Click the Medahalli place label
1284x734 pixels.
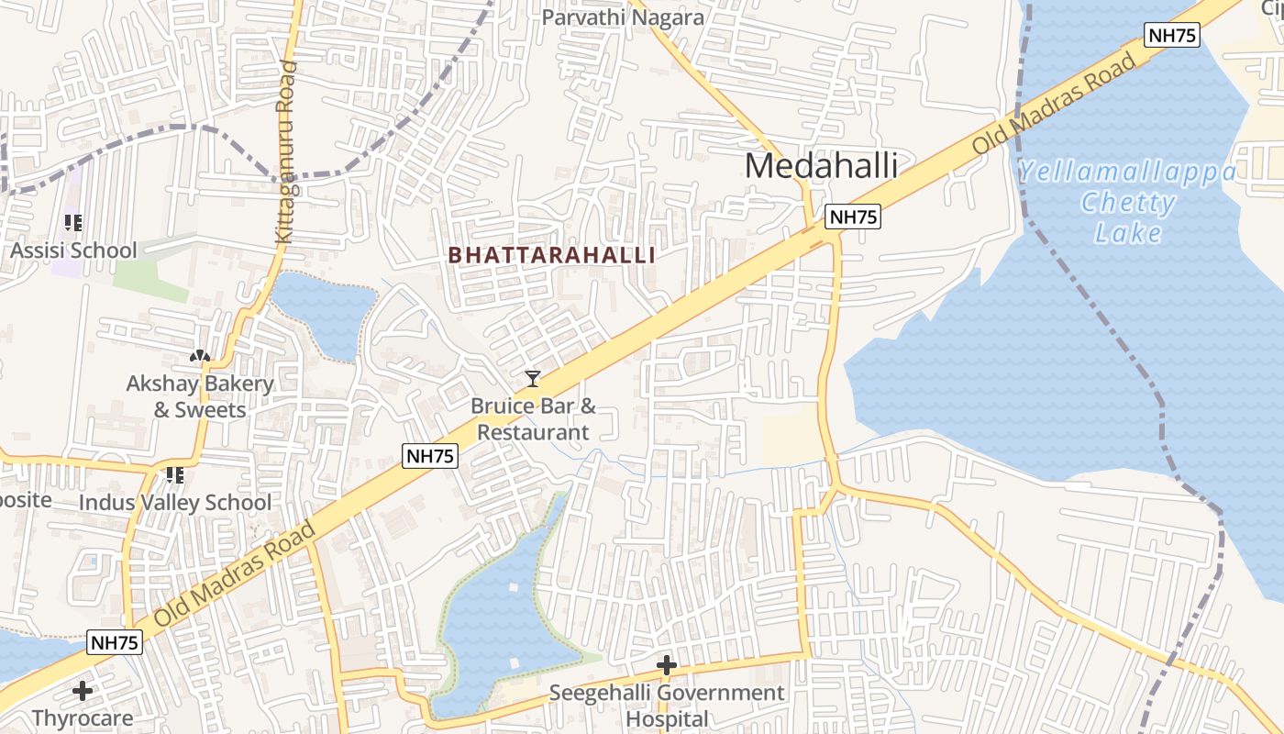click(x=821, y=166)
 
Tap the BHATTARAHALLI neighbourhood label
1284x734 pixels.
click(x=552, y=256)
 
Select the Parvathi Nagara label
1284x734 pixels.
click(x=623, y=17)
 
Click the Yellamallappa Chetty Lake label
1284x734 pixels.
click(x=1127, y=202)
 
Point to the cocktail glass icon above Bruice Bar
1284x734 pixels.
click(x=532, y=378)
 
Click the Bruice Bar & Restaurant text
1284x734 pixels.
click(x=533, y=418)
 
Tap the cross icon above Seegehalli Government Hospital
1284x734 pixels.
click(x=667, y=664)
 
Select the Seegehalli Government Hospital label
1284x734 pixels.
click(x=667, y=705)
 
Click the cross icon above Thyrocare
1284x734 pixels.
click(x=83, y=690)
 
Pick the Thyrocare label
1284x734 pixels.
click(x=83, y=717)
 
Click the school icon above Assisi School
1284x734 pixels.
click(x=73, y=222)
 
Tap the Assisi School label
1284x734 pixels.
click(x=73, y=250)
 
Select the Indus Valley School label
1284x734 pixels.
click(x=175, y=503)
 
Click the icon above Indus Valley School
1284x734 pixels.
click(x=174, y=475)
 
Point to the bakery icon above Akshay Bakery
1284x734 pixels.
click(x=200, y=355)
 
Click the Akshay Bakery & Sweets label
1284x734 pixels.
click(x=200, y=396)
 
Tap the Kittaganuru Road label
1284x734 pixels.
click(x=285, y=151)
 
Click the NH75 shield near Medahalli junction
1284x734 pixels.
click(x=853, y=217)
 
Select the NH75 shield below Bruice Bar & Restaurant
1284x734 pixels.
click(x=429, y=456)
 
